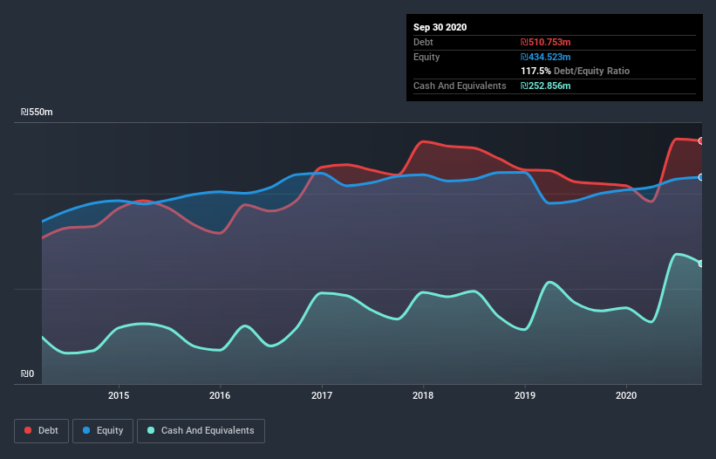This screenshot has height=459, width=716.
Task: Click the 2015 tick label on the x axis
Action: coord(119,394)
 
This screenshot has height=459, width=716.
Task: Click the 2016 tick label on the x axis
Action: coord(220,394)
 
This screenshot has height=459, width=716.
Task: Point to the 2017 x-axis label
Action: coord(322,394)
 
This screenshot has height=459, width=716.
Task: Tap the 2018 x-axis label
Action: coord(423,394)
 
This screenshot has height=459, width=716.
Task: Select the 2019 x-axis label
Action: coord(525,394)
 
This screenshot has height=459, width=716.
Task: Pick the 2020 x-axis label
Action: coord(626,394)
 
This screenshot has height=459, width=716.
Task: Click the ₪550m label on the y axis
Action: coord(37,113)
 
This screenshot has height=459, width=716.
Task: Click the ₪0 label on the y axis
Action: coord(28,374)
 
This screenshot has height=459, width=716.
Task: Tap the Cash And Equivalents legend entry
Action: coord(201,431)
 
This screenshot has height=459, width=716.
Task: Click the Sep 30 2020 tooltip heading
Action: coord(440,27)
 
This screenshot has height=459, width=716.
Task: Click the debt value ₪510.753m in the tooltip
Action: coord(546,42)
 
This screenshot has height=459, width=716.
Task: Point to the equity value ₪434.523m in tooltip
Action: coord(546,57)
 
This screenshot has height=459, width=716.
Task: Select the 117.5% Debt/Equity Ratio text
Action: coord(575,71)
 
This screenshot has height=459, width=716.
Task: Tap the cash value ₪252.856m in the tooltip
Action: coord(546,86)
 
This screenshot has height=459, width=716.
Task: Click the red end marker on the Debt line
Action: coord(700,140)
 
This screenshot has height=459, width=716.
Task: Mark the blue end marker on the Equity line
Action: coord(700,177)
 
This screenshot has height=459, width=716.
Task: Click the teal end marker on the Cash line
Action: coord(700,264)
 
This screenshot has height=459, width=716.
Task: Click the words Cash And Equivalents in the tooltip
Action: coord(460,86)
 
